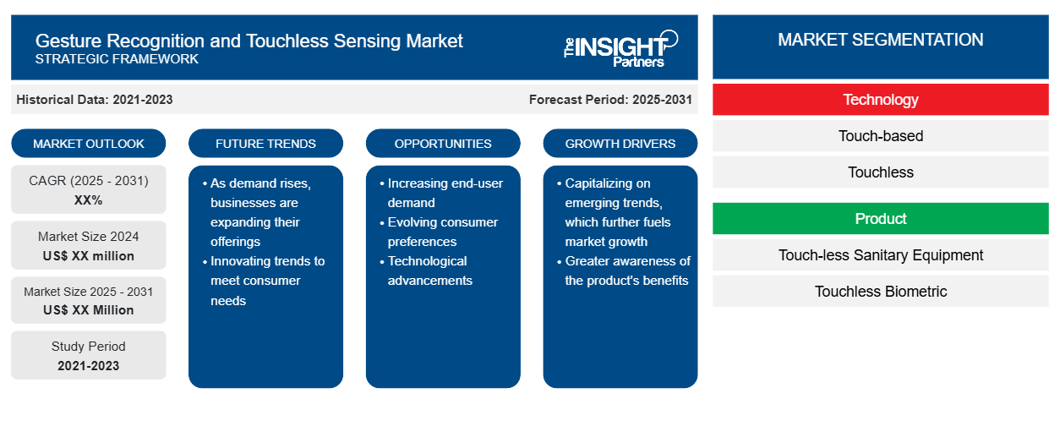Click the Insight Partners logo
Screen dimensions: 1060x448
620,49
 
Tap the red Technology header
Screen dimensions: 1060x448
880,100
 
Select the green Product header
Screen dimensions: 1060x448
880,219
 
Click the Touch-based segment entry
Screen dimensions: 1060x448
880,136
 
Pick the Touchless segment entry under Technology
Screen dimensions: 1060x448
880,172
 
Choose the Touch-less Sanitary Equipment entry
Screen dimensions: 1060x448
880,255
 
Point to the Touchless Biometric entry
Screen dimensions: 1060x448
880,292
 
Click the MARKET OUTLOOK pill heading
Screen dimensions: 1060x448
89,144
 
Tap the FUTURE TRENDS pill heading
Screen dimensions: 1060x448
265,144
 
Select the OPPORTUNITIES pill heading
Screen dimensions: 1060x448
443,144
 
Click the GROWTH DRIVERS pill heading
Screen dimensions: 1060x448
620,144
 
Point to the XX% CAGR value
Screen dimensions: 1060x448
89,200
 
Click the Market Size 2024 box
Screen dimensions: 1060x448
89,245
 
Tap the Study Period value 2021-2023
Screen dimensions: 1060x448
89,366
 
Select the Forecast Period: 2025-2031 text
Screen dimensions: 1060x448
610,100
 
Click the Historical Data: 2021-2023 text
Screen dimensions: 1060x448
95,100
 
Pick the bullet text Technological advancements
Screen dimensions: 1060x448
429,270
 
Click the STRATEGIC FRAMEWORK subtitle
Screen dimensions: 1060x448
117,59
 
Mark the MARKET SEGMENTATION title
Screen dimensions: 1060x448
880,40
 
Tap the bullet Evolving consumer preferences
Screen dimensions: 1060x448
442,232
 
